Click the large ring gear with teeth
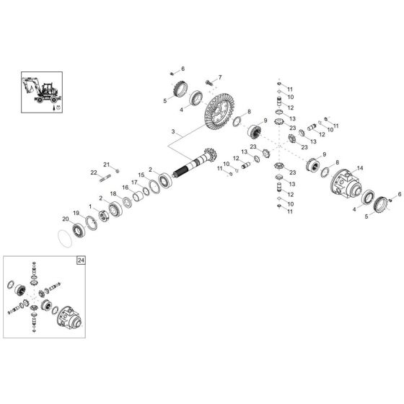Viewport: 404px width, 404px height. click(x=219, y=113)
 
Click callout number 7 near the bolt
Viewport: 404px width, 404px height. click(x=219, y=77)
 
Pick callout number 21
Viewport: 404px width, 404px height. click(x=105, y=164)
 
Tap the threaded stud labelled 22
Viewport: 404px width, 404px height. click(x=108, y=176)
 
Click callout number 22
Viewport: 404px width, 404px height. click(x=94, y=172)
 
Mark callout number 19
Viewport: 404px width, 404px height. click(x=76, y=214)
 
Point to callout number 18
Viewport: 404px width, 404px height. click(x=113, y=194)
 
